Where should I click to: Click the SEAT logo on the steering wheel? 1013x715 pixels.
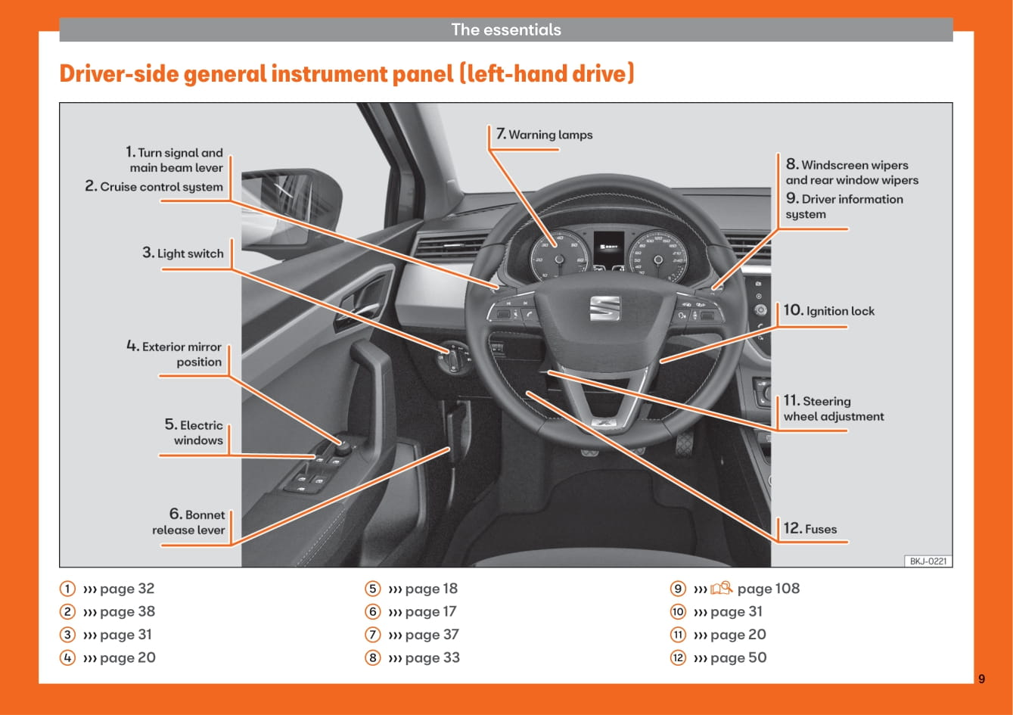pyautogui.click(x=604, y=308)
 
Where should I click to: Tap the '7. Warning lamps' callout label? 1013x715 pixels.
pyautogui.click(x=544, y=135)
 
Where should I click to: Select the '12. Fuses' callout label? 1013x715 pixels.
pyautogui.click(x=810, y=529)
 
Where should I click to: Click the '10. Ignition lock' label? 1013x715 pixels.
pyautogui.click(x=828, y=311)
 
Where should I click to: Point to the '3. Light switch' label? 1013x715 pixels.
pyautogui.click(x=183, y=253)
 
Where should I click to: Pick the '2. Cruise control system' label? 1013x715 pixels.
pyautogui.click(x=154, y=187)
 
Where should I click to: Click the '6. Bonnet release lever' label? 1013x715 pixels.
pyautogui.click(x=188, y=523)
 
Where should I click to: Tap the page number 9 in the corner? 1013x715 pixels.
pyautogui.click(x=981, y=679)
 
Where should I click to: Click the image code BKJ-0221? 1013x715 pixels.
pyautogui.click(x=928, y=561)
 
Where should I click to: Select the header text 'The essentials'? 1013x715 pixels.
pyautogui.click(x=506, y=30)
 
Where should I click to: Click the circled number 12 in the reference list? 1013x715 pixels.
pyautogui.click(x=678, y=657)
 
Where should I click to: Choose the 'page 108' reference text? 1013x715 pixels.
pyautogui.click(x=768, y=589)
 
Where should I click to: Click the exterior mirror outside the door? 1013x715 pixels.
pyautogui.click(x=290, y=204)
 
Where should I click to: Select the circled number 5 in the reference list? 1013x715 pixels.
pyautogui.click(x=372, y=589)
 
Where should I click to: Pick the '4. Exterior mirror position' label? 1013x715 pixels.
pyautogui.click(x=175, y=354)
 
